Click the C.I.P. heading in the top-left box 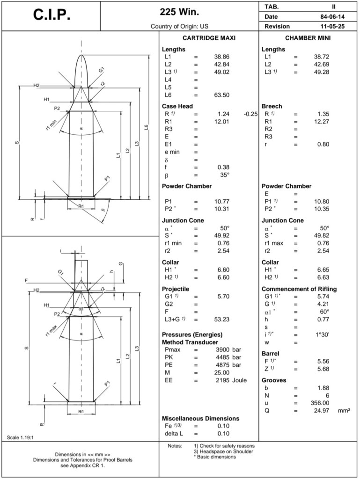coord(51,15)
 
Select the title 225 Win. coord(179,12)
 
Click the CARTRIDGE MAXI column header coord(208,38)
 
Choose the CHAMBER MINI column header coord(308,38)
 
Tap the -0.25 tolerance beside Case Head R coord(250,114)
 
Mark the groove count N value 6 coord(327,396)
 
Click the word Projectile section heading coord(176,289)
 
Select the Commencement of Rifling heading coord(299,289)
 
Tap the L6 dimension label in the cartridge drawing coord(147,127)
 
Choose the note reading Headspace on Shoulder coord(223,451)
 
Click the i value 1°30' coord(320,335)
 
